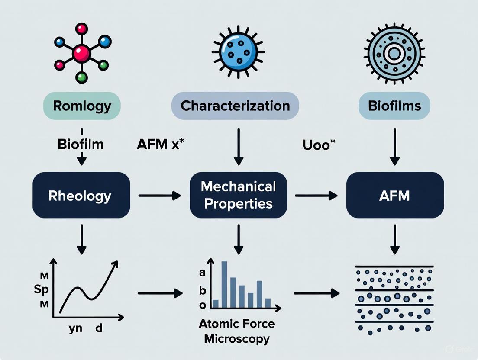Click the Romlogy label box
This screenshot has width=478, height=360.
coord(82,106)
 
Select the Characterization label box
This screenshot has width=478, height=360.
coord(235,106)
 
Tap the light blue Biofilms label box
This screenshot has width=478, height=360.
coord(394,106)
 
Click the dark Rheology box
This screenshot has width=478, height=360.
coord(81,195)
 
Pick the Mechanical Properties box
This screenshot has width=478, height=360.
coord(238,195)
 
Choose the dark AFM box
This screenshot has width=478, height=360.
coord(395,195)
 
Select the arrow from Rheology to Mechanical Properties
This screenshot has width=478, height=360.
coord(159,196)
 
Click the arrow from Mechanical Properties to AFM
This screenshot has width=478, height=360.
coord(316,196)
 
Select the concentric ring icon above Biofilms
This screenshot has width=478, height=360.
coord(394,54)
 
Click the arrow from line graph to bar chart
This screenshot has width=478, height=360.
coord(160,293)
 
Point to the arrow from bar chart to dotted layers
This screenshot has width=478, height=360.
coord(317,293)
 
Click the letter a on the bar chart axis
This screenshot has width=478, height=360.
coord(202,273)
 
